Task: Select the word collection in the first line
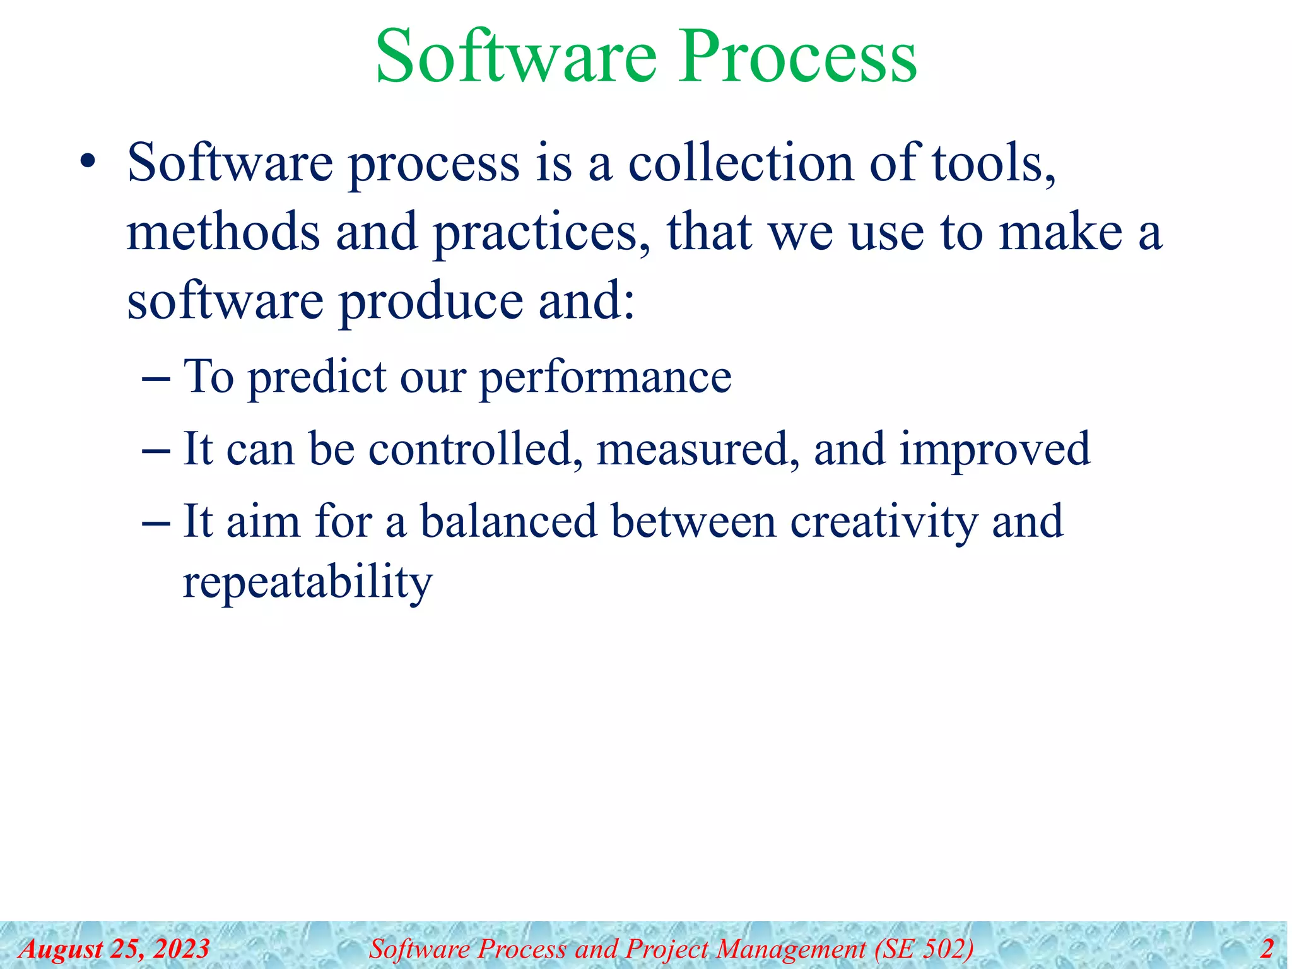pos(741,163)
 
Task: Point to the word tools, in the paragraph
pos(994,163)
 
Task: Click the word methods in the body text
pos(223,232)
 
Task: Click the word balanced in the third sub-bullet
pos(508,521)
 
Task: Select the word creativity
pos(883,522)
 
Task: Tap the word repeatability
pos(308,582)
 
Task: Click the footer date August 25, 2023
pos(114,949)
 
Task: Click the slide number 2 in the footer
pos(1266,949)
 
